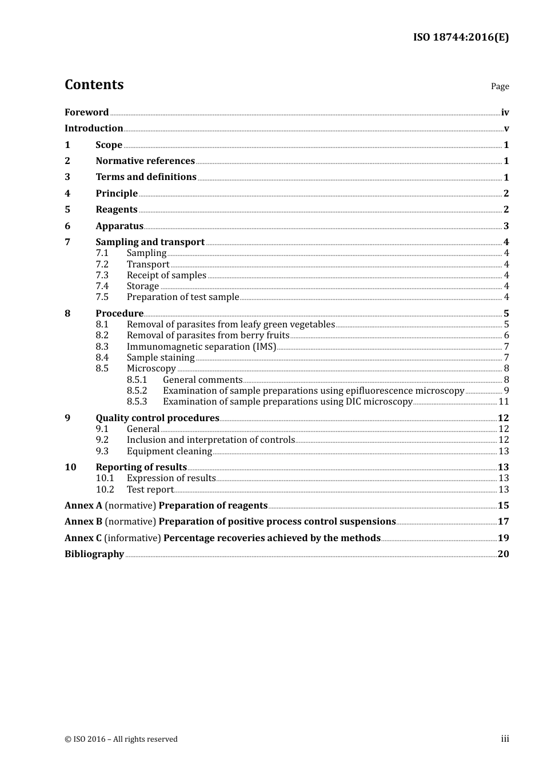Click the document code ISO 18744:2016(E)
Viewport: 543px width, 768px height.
(x=461, y=38)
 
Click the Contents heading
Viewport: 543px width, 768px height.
(x=94, y=85)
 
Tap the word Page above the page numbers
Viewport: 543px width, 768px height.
(x=500, y=86)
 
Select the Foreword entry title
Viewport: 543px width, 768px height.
(x=86, y=113)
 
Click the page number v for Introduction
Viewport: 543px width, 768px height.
(x=506, y=129)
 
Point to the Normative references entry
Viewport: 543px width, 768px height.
(x=145, y=161)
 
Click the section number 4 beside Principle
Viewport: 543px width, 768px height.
(x=67, y=194)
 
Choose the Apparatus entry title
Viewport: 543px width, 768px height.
(x=119, y=226)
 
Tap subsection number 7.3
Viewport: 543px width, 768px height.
(x=102, y=275)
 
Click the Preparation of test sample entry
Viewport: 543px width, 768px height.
(x=183, y=297)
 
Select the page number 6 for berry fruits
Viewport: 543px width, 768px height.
(x=506, y=335)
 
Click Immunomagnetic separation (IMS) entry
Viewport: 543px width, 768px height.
(x=201, y=347)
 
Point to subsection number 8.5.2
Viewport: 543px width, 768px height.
(x=137, y=391)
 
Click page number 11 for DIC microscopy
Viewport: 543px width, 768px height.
(x=504, y=402)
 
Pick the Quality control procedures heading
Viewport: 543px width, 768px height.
(x=157, y=418)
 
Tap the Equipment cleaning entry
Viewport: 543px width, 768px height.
(x=169, y=451)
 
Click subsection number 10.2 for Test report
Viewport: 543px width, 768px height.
(x=105, y=490)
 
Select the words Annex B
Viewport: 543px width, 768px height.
(x=83, y=522)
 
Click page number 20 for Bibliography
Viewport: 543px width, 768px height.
(x=503, y=554)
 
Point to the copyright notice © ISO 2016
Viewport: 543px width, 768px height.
(x=121, y=739)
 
